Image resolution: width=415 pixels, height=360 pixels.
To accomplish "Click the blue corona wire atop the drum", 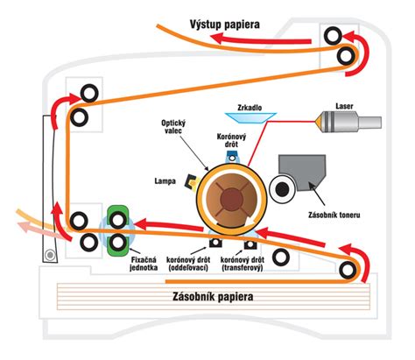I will (231, 157).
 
